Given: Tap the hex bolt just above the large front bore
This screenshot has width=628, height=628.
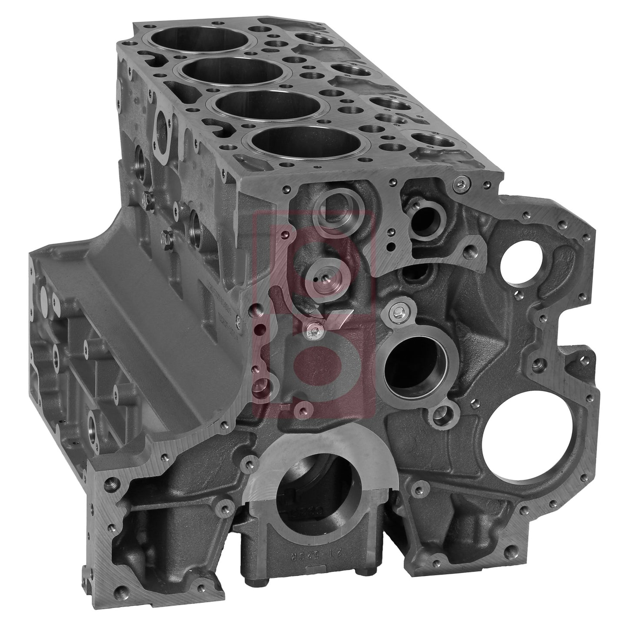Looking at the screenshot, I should tap(396, 312).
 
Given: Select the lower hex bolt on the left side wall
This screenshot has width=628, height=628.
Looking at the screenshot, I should tap(166, 238).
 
